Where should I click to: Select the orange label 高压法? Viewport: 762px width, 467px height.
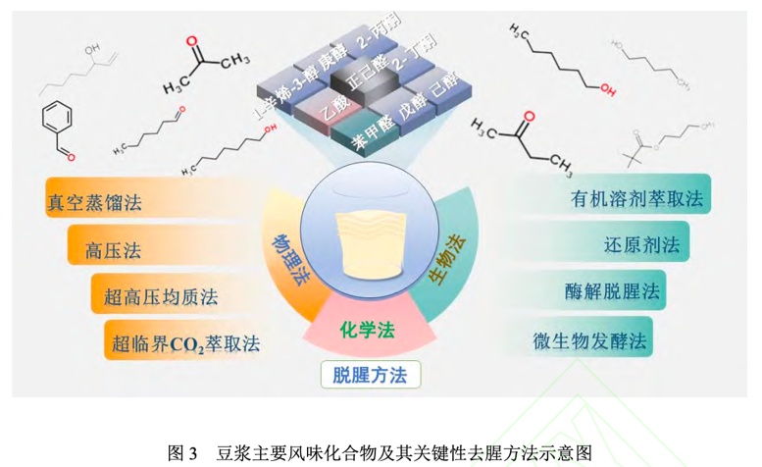pos(113,250)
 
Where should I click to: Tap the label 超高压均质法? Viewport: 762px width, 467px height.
pos(154,295)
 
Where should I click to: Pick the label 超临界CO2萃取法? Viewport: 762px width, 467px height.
pos(185,343)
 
